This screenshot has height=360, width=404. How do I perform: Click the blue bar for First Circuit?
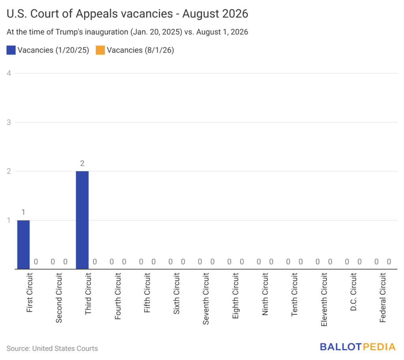23,244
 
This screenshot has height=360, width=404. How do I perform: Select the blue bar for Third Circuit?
82,220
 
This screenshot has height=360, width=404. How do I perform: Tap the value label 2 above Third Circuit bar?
82,163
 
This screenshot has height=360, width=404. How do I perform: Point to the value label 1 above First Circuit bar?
23,212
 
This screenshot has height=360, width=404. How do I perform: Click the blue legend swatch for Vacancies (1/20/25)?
11,50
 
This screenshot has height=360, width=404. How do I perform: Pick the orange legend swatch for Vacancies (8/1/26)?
100,50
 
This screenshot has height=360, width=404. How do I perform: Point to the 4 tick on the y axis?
9,73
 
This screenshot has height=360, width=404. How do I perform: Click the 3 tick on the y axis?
9,122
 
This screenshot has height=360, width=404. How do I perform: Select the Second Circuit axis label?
59,298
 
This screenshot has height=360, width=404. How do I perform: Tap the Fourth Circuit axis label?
118,296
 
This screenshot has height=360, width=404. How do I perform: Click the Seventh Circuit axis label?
206,299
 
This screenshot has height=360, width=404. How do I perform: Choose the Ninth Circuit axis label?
265,294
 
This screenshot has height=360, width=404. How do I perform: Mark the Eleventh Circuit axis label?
324,300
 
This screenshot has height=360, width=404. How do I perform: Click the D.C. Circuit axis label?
353,292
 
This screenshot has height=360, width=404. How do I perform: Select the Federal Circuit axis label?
383,298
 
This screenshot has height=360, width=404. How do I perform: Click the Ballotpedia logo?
357,347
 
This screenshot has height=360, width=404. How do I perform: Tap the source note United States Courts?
65,349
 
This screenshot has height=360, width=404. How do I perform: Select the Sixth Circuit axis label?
176,294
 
